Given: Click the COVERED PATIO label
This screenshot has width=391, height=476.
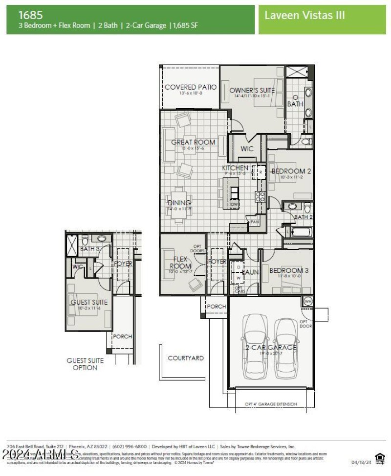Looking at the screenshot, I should pos(190,87).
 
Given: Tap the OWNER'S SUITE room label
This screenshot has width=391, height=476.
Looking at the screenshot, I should pos(252,90).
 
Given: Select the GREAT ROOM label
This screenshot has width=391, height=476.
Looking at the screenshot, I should pos(193,143).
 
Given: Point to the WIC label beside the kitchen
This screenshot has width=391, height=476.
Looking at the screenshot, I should pos(247,149).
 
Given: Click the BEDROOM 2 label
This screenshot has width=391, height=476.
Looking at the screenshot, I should pos(291,171).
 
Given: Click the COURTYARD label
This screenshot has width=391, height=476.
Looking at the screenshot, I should pos(186,358).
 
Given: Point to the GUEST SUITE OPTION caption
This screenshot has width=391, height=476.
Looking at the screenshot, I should pos(85,364).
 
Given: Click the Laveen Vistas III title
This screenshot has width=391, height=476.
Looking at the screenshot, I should pos(304,15).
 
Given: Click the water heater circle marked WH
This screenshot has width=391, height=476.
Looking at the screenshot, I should pos(308,301).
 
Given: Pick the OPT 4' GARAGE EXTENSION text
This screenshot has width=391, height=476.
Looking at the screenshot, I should pos(271,404).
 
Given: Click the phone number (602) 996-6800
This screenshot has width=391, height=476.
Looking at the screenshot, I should pos(130,447).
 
